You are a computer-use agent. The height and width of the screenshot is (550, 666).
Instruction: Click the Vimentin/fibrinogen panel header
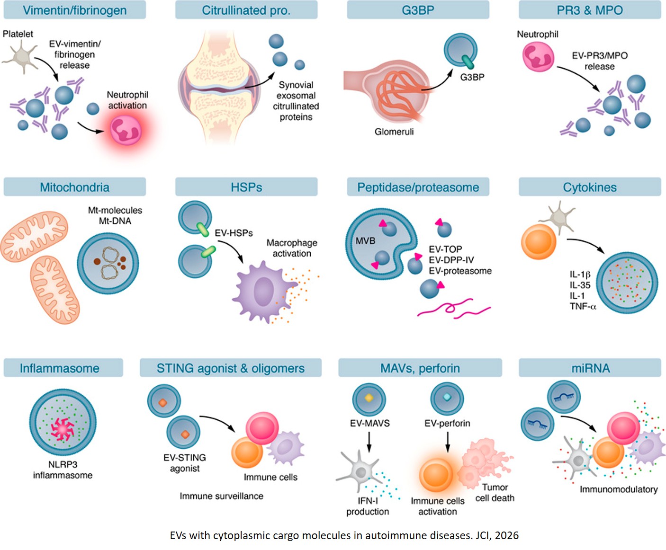(x=74, y=10)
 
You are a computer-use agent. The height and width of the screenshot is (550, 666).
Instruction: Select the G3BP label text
(x=472, y=77)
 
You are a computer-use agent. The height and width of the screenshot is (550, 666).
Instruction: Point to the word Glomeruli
(x=394, y=132)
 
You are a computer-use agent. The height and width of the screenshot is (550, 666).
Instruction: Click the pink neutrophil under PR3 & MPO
(x=538, y=57)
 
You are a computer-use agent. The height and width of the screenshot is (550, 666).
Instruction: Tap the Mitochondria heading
(x=74, y=187)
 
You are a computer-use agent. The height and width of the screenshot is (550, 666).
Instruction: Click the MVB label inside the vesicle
(x=365, y=240)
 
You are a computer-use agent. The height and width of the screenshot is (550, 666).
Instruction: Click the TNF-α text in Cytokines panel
(x=583, y=306)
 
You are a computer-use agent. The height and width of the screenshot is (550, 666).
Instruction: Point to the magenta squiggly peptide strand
(x=452, y=309)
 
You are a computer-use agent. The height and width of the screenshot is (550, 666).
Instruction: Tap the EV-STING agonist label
(x=185, y=462)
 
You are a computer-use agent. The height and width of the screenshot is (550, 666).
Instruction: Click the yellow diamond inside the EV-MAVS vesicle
(x=369, y=398)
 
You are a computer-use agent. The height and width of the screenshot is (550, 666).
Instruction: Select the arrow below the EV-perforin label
(x=447, y=442)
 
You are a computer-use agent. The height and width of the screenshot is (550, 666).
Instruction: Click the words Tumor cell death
(x=495, y=492)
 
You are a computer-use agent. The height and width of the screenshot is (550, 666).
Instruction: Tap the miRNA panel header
(x=590, y=368)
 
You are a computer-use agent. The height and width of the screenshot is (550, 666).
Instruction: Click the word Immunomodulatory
(x=618, y=489)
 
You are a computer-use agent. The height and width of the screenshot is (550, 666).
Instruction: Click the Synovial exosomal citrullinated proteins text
(x=296, y=101)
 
